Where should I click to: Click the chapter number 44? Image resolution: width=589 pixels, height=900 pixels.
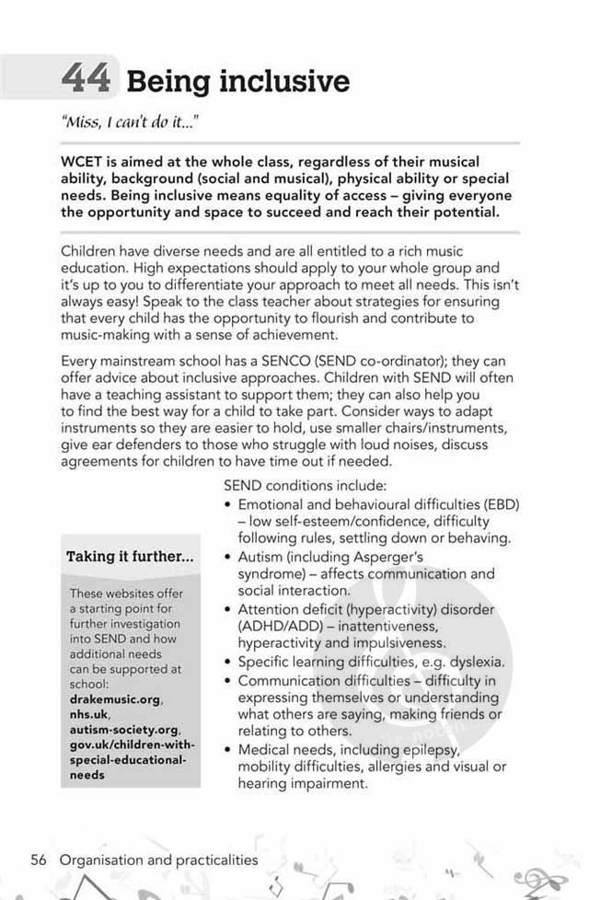click(87, 78)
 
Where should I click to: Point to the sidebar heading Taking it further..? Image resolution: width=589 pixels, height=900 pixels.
click(130, 557)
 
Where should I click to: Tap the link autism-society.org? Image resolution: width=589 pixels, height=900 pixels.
click(120, 731)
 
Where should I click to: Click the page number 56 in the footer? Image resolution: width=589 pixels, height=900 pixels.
click(39, 860)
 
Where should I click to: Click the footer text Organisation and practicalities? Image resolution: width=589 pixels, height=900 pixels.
click(159, 860)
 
